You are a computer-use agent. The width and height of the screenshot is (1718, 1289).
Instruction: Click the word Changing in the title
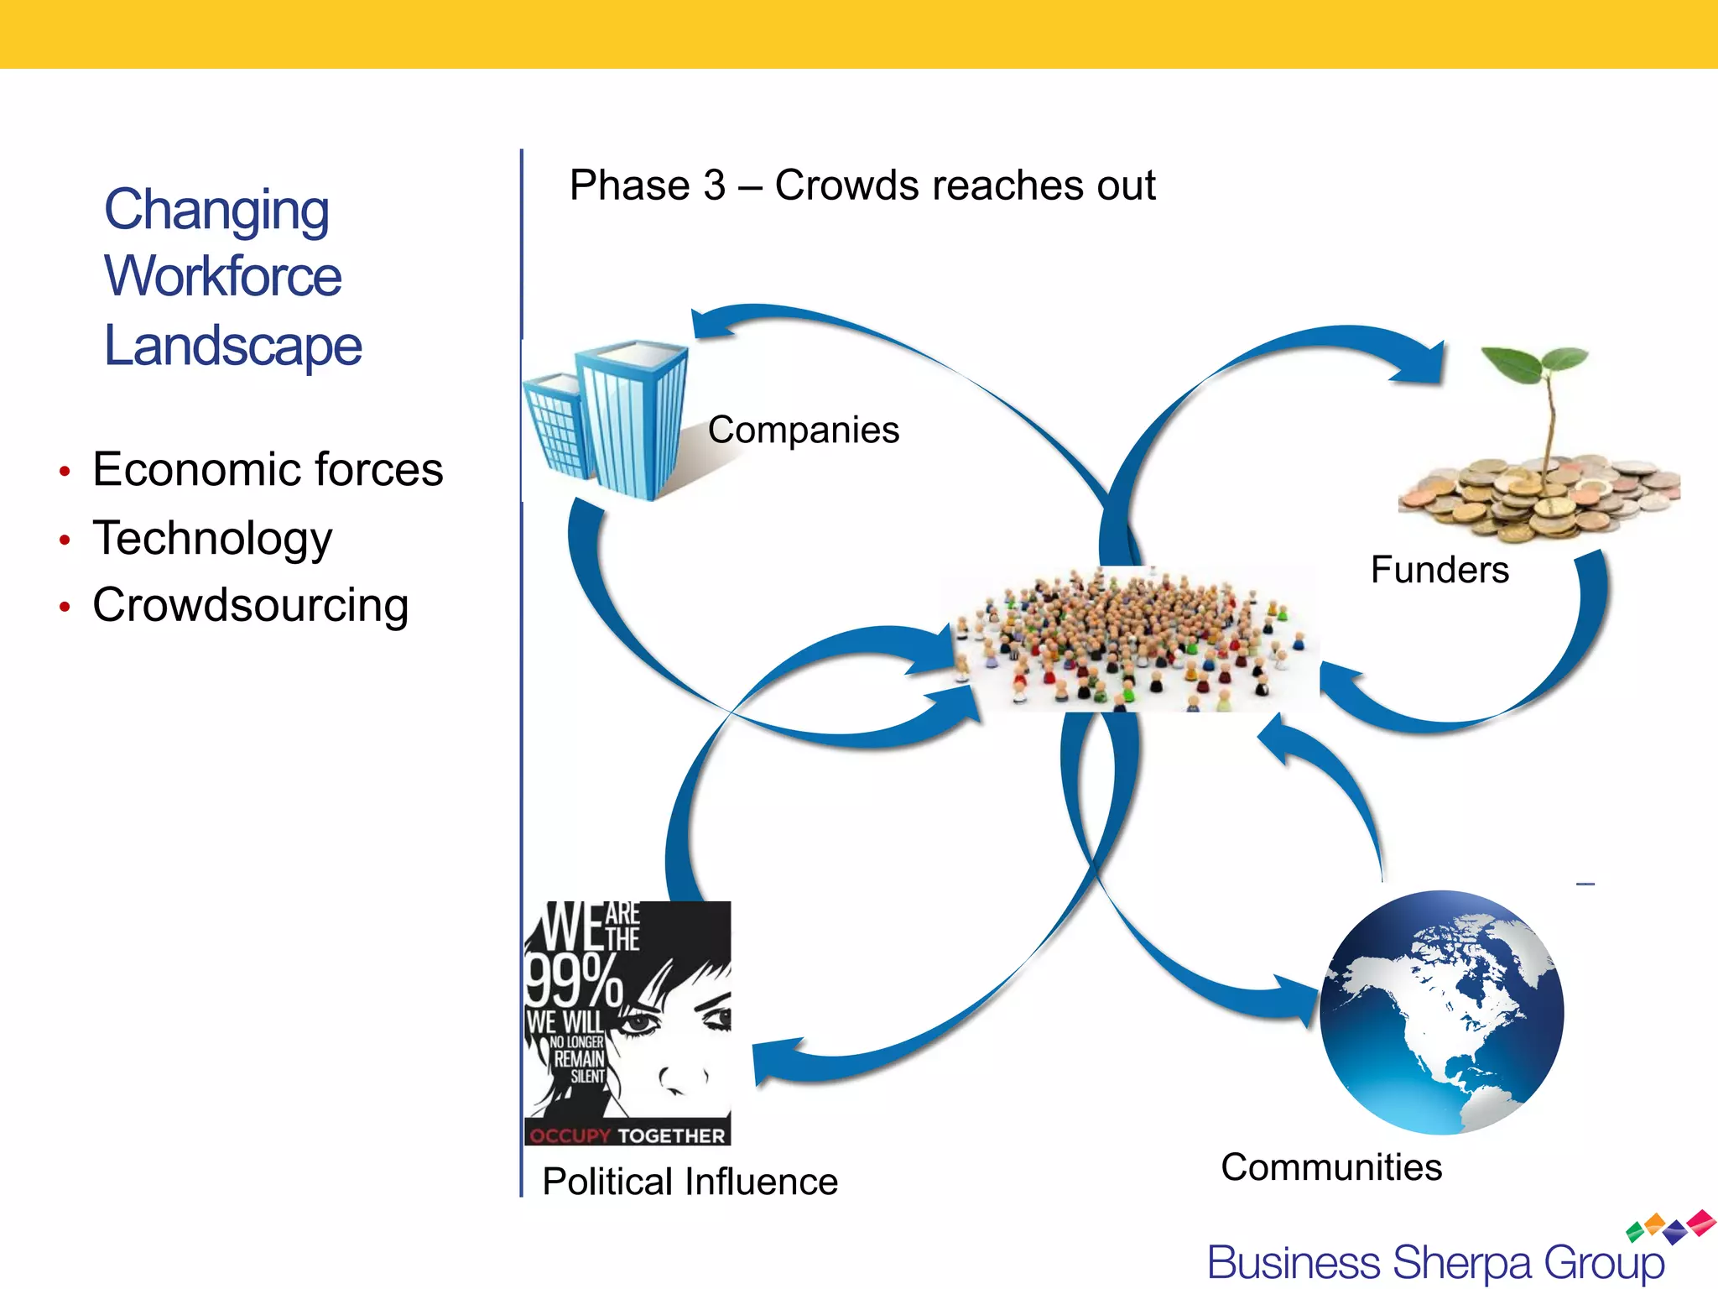coord(216,210)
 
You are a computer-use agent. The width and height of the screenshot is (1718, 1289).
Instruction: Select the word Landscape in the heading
coord(232,346)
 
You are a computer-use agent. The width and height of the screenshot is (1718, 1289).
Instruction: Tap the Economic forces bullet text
coord(268,469)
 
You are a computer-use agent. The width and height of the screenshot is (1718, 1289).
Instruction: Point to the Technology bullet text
coord(212,538)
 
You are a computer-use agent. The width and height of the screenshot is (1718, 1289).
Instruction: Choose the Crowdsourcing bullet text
coord(250,605)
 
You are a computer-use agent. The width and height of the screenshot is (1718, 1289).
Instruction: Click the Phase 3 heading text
coord(862,185)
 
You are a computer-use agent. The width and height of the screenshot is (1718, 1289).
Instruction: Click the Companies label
coord(803,430)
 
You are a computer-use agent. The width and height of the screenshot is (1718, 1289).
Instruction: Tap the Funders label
coord(1439,570)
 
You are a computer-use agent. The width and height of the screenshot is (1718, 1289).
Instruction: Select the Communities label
coord(1331,1167)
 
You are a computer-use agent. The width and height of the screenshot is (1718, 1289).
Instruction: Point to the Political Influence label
coord(690,1182)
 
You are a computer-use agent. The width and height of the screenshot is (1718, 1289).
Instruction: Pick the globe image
coord(1441,1012)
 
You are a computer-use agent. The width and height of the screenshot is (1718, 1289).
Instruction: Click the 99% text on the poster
coord(572,979)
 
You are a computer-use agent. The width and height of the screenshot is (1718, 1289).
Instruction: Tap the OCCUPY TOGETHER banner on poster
coord(627,1135)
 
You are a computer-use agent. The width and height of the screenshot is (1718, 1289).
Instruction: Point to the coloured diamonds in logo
coord(1671,1226)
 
